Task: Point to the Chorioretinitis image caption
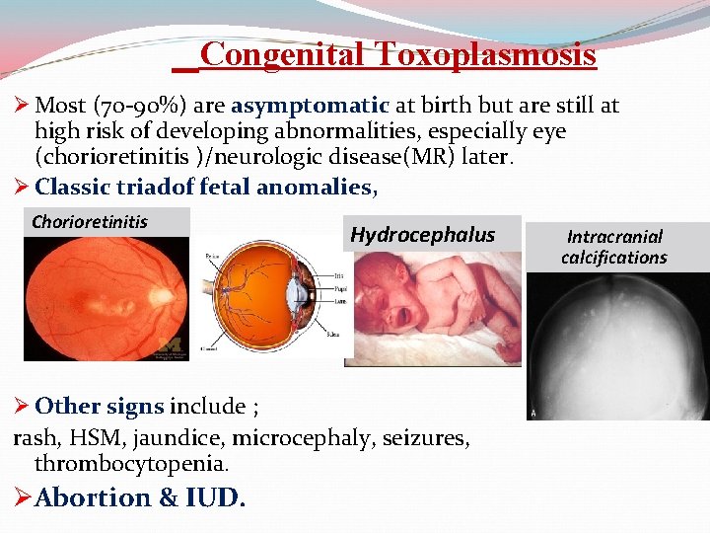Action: pos(90,221)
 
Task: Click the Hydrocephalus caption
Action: pos(422,234)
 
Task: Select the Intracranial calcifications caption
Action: pos(614,247)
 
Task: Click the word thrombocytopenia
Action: pos(131,463)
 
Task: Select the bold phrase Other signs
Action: pos(99,406)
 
